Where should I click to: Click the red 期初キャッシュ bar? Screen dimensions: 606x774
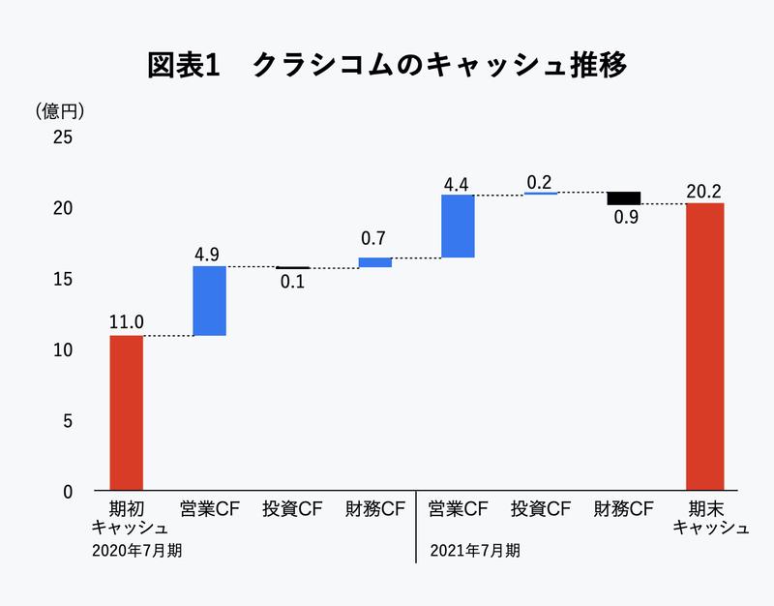point(126,413)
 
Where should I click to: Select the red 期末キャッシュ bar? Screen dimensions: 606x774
point(705,347)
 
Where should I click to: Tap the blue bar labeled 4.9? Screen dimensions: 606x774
point(209,301)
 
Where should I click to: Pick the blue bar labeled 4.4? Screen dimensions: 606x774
point(458,227)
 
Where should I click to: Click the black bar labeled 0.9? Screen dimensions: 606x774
point(623,197)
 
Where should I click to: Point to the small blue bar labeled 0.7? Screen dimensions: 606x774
point(374,262)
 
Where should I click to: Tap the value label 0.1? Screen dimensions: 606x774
point(292,284)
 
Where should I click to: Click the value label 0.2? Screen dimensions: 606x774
point(540,181)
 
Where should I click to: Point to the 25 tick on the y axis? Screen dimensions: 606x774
point(62,137)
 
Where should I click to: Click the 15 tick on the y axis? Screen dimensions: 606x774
point(62,279)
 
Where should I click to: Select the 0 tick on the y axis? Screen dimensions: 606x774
point(68,492)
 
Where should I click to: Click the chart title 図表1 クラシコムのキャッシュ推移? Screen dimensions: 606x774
point(387,65)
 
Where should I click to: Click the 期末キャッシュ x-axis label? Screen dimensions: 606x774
point(705,518)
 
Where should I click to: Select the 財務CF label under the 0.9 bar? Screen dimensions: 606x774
point(623,508)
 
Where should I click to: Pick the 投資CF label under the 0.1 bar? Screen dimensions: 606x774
point(292,508)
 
